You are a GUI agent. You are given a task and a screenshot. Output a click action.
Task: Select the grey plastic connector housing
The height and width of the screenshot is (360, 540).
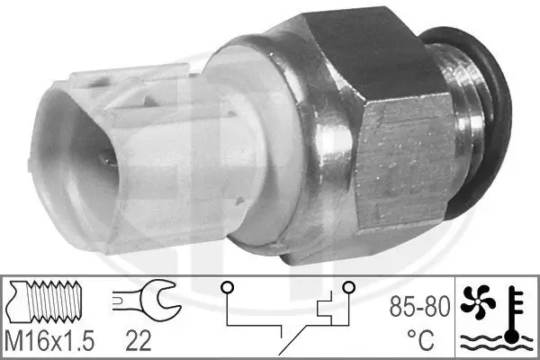click(x=135, y=153)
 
